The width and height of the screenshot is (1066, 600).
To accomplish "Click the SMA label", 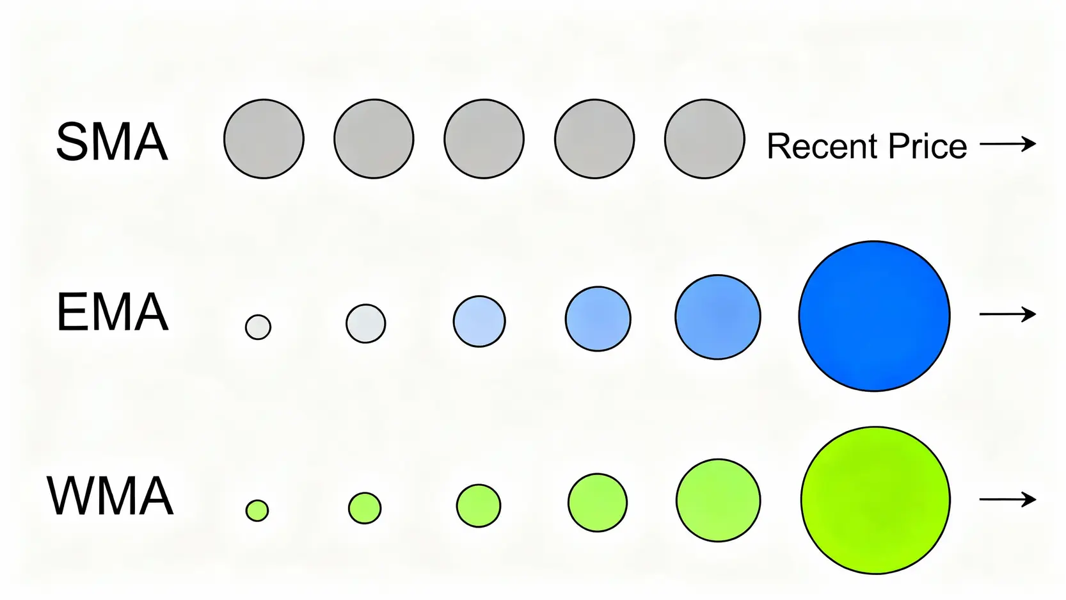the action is [x=112, y=142].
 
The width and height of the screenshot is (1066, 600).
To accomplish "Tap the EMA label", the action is [x=113, y=312].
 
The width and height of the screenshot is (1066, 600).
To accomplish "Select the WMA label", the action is [x=110, y=496].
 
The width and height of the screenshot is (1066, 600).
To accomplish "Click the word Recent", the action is [x=822, y=146].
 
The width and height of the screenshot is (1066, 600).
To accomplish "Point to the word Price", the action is [x=928, y=146].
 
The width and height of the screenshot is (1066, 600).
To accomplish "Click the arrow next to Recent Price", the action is [x=1008, y=144].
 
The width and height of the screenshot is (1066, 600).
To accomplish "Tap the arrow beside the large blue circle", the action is [x=1008, y=314].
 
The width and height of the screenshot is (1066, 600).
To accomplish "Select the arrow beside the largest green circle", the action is [x=1008, y=499].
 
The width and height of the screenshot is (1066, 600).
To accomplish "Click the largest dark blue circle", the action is [x=874, y=316].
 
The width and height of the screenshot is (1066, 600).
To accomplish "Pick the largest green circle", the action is [x=875, y=500].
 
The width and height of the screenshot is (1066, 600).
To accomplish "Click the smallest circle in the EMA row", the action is [x=258, y=327].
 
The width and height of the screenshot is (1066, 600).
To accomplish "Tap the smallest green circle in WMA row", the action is [x=257, y=510].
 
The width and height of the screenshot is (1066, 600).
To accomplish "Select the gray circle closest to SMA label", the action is [x=264, y=139].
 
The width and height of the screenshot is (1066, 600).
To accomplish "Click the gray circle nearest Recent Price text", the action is [x=704, y=139].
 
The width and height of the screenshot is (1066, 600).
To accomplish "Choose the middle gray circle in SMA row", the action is [x=484, y=139].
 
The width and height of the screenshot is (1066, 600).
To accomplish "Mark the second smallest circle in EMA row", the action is [x=365, y=323].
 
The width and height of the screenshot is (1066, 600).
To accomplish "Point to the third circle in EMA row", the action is [x=479, y=321].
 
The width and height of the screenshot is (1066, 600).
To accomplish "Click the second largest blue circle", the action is [x=718, y=317].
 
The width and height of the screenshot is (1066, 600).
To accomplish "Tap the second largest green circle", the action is [x=718, y=501].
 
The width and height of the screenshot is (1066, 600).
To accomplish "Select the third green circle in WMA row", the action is [x=478, y=505].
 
